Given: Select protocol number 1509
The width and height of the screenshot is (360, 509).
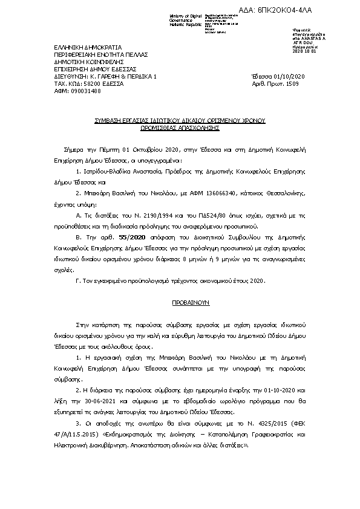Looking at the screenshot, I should click(292, 84).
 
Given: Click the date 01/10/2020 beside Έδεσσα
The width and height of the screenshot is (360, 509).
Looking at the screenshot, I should click(291, 77).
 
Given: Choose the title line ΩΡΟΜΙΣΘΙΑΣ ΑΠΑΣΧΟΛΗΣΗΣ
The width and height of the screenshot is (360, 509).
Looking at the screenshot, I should click(180, 128).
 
